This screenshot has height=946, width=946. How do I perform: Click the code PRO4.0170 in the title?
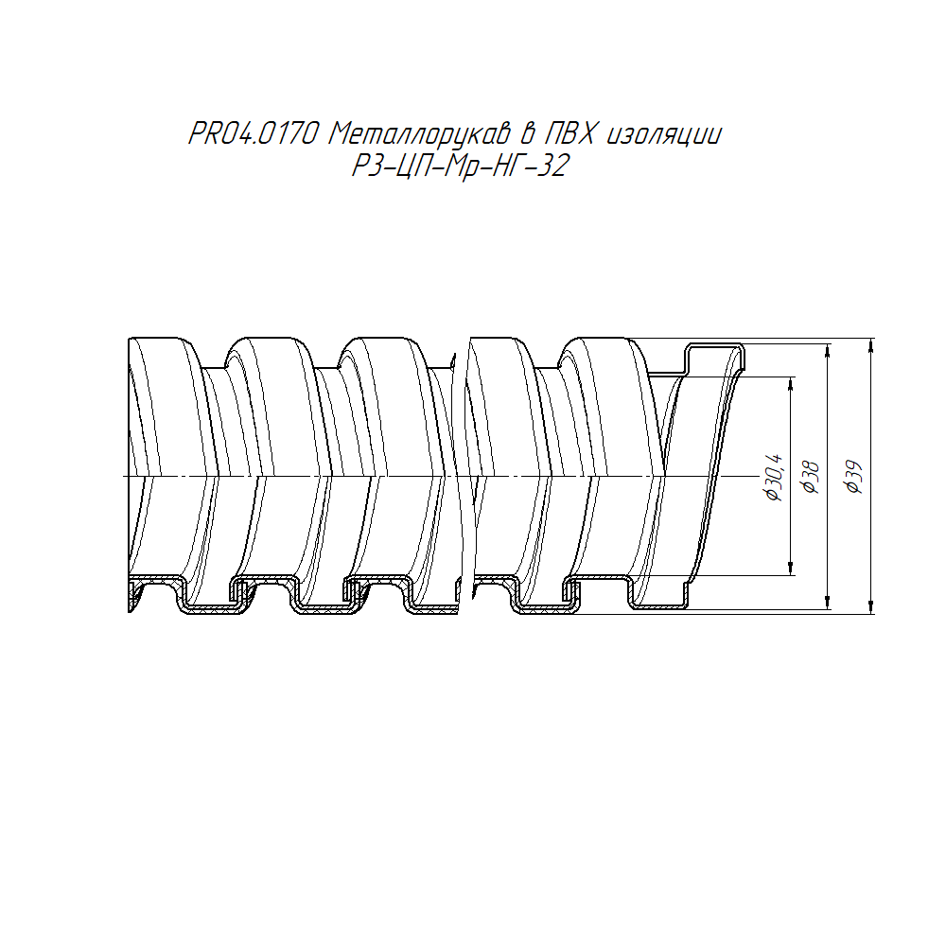click(254, 134)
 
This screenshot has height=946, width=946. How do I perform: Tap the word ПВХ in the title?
click(570, 134)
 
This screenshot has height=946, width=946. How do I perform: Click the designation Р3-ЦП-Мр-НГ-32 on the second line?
click(461, 166)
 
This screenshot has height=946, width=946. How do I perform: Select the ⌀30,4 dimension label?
click(774, 477)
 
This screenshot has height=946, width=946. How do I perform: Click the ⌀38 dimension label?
click(811, 477)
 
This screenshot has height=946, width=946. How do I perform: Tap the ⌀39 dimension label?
click(854, 477)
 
